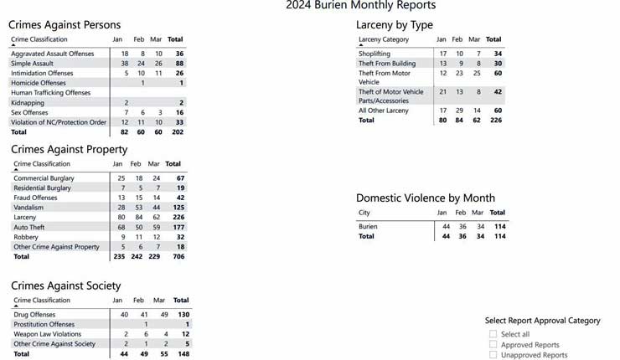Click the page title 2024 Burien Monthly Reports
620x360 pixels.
[x=360, y=6]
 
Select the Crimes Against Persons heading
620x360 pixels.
[x=65, y=25]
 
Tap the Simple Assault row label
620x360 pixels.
[x=32, y=63]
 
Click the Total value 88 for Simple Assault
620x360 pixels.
[x=178, y=63]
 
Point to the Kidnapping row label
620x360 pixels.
[x=28, y=102]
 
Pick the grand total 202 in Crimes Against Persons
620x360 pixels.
[x=176, y=131]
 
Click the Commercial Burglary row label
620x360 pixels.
[x=44, y=178]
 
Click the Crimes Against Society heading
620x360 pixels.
[x=65, y=285]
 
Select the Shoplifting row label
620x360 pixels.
[x=375, y=54]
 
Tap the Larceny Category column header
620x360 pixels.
[x=384, y=39]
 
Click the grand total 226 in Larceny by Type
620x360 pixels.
[x=494, y=120]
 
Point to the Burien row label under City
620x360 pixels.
[x=368, y=226]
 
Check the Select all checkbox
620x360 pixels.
[x=493, y=334]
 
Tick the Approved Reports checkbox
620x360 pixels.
[x=493, y=344]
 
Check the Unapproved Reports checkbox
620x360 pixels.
[x=493, y=355]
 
